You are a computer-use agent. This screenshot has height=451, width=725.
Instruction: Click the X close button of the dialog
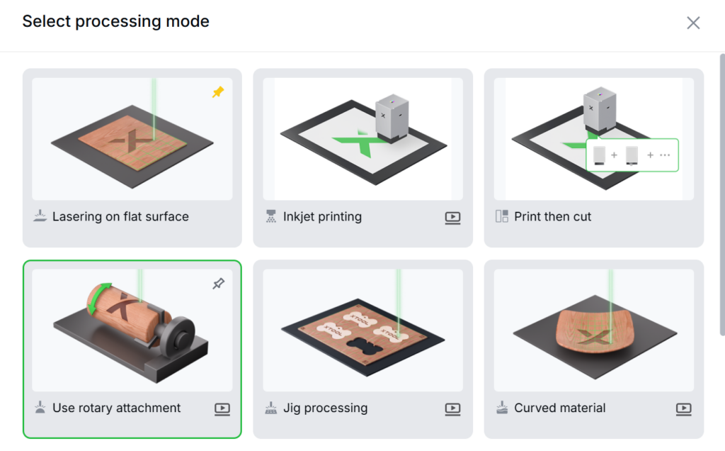[x=693, y=23]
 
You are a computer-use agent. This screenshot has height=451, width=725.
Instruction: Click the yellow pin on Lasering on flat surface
[x=218, y=91]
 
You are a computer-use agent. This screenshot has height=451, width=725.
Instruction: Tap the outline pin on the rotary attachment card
[x=219, y=284]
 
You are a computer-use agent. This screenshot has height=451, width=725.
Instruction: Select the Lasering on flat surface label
[x=120, y=217]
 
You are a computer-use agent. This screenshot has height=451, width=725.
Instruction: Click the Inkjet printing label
[x=322, y=217]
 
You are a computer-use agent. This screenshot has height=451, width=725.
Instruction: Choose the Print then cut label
[x=552, y=217]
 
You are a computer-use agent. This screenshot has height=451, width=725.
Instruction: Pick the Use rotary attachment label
[x=117, y=408]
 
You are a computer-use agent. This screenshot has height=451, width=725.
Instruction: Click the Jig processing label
[x=325, y=408]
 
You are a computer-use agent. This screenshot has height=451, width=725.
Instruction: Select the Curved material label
[x=559, y=408]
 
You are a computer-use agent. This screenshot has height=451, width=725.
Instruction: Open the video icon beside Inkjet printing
[x=452, y=218]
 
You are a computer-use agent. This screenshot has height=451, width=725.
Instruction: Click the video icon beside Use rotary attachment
[x=222, y=409]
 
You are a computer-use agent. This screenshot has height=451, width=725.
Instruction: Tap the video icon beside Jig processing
[x=452, y=409]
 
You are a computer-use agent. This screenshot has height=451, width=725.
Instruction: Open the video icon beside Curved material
[x=684, y=409]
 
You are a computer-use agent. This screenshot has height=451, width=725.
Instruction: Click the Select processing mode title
[x=115, y=21]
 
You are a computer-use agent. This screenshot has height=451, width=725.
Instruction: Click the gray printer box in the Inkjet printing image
[x=392, y=117]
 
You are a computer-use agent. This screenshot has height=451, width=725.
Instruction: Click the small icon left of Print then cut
[x=502, y=216]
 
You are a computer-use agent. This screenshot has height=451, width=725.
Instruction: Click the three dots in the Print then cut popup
[x=665, y=155]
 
